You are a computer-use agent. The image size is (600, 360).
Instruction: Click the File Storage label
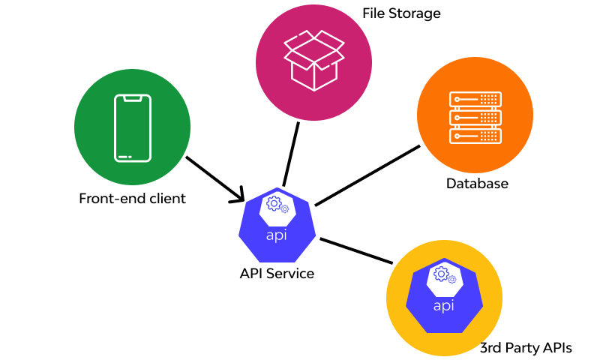click(x=401, y=13)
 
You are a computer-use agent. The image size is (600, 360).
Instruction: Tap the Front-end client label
click(x=132, y=199)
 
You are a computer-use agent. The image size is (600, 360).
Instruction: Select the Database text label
click(x=477, y=183)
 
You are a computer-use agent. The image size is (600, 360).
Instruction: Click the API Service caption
click(x=277, y=273)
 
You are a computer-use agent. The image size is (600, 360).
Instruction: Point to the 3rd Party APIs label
click(x=526, y=347)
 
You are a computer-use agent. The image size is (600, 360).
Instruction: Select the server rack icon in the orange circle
click(x=475, y=117)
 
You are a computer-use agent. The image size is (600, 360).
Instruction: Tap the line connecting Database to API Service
click(x=367, y=175)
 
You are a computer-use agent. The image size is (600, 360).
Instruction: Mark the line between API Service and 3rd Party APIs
click(x=356, y=250)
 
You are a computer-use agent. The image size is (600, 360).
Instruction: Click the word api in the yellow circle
click(x=444, y=306)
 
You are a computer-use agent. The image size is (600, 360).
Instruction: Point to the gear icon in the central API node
click(x=275, y=205)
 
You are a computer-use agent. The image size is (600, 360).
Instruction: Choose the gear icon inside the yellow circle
click(x=442, y=275)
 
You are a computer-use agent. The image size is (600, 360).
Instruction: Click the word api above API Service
click(x=277, y=235)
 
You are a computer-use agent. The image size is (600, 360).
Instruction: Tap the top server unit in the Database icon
click(x=475, y=99)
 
